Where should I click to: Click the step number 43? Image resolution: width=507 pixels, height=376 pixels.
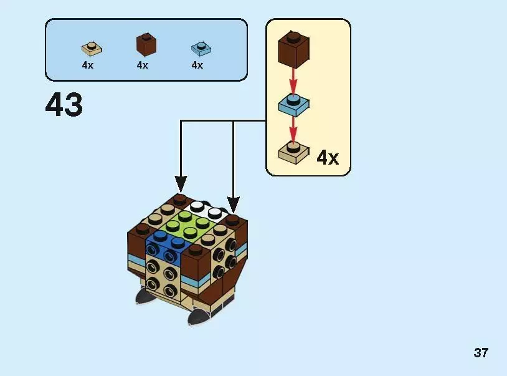pos(64,105)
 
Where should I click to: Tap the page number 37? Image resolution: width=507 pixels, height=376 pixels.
pos(480,353)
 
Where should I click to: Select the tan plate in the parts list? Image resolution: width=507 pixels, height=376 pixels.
pos(92,48)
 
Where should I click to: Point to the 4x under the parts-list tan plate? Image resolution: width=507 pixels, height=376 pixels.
pos(87,65)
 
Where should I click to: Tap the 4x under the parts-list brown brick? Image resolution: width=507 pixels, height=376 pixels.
pos(143,65)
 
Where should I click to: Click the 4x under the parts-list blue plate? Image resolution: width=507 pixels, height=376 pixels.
pos(197,65)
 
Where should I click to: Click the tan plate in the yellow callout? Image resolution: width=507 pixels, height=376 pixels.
pos(293,152)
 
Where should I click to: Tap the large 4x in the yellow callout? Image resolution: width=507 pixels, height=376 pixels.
pos(328,157)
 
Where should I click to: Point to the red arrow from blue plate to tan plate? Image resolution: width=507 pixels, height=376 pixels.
pos(293,129)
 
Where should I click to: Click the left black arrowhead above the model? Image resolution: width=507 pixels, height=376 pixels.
pos(181,183)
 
